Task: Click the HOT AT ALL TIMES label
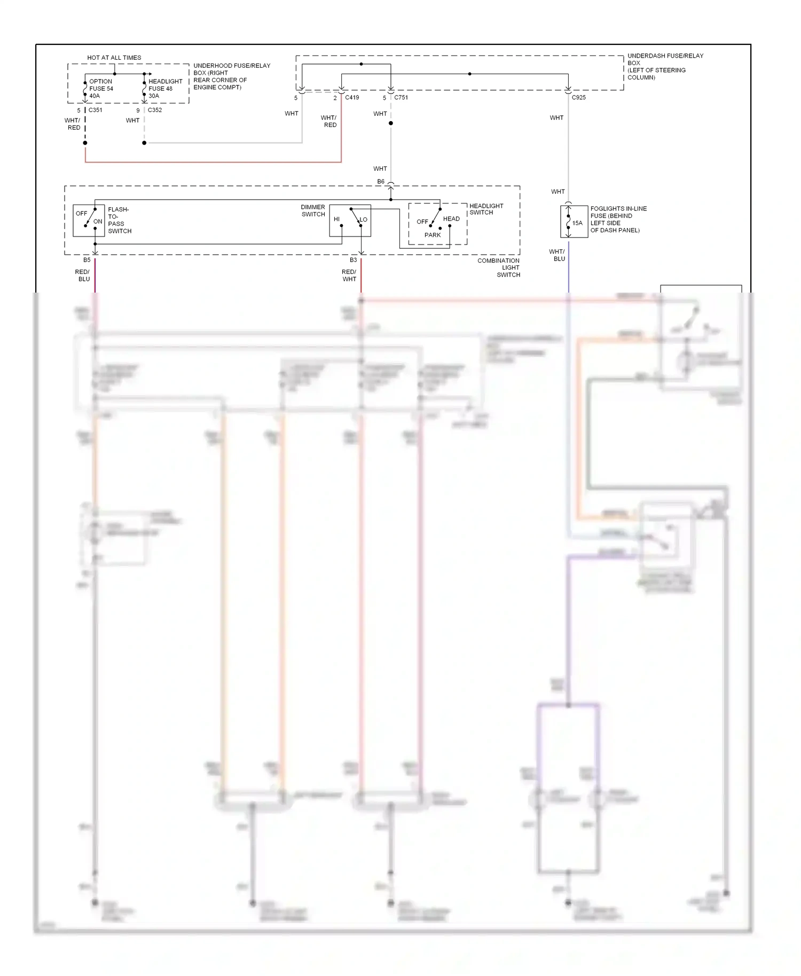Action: (114, 58)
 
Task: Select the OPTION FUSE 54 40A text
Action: (101, 89)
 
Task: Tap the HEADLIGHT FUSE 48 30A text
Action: (164, 89)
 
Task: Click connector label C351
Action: (95, 110)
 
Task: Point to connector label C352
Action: (155, 110)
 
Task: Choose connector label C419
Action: (352, 98)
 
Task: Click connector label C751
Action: (401, 98)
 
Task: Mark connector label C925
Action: (579, 98)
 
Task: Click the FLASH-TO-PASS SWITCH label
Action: (119, 220)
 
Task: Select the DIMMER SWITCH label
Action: (313, 210)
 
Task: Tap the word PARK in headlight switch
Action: (433, 235)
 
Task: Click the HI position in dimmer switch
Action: (336, 219)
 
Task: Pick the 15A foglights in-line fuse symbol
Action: (569, 222)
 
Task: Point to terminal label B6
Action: (381, 182)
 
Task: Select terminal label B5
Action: (87, 260)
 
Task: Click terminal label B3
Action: (353, 260)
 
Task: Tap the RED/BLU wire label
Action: (83, 276)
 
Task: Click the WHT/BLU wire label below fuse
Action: (557, 255)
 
